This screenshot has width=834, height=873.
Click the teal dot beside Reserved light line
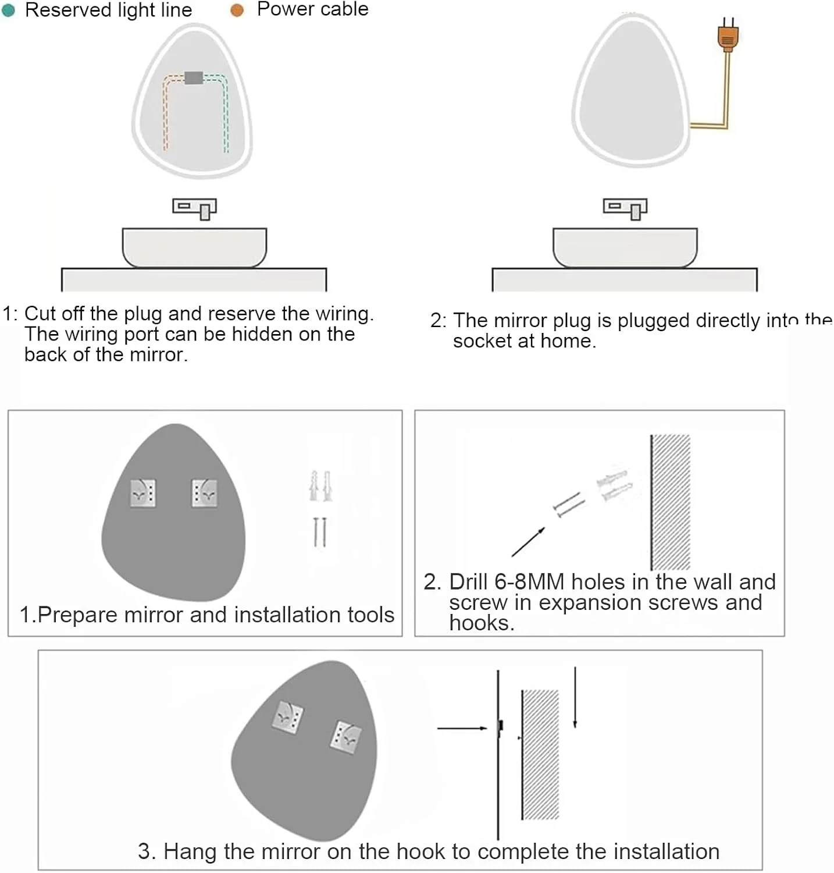click(x=8, y=10)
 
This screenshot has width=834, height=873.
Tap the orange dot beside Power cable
click(x=237, y=10)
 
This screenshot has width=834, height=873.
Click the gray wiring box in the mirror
click(x=194, y=77)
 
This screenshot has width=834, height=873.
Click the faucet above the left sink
click(x=195, y=208)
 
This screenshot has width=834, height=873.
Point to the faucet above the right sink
click(x=625, y=208)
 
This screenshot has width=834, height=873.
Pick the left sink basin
click(x=194, y=247)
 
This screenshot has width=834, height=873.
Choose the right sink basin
click(x=625, y=247)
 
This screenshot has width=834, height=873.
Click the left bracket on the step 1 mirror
click(x=142, y=493)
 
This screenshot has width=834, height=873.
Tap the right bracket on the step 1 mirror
click(x=204, y=493)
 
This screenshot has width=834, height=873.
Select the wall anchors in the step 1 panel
click(x=320, y=486)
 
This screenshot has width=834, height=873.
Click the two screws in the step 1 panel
click(x=320, y=532)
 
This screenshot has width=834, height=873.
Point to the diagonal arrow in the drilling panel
click(x=528, y=542)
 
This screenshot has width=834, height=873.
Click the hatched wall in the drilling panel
click(x=670, y=502)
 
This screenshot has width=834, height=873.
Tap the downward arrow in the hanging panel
click(x=575, y=697)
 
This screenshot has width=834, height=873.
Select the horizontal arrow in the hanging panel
click(x=462, y=728)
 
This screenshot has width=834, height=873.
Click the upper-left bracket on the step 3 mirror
click(x=288, y=717)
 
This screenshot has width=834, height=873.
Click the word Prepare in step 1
click(x=77, y=615)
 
